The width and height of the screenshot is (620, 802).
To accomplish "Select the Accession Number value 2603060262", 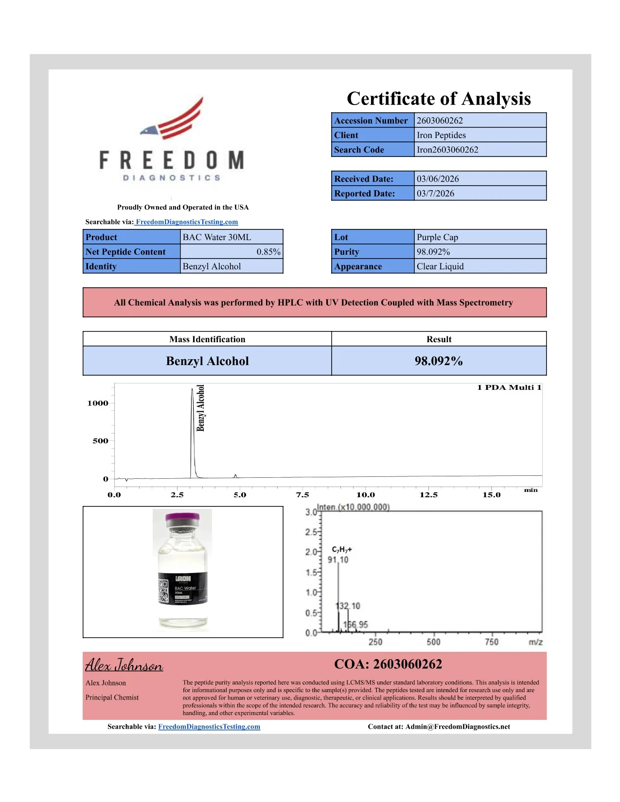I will pyautogui.click(x=440, y=121).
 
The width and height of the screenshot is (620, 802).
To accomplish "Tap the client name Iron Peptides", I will pyautogui.click(x=441, y=135).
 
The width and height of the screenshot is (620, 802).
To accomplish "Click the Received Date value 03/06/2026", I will pyautogui.click(x=438, y=179).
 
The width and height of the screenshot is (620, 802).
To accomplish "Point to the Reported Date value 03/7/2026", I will pyautogui.click(x=435, y=193).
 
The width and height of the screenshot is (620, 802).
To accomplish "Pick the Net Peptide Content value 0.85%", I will pyautogui.click(x=268, y=252).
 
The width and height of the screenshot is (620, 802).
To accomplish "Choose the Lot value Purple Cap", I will pyautogui.click(x=437, y=237).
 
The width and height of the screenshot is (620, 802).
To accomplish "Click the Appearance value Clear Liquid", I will pyautogui.click(x=440, y=266).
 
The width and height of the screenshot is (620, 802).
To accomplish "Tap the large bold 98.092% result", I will pyautogui.click(x=439, y=361).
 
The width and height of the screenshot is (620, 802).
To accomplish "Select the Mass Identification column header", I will pyautogui.click(x=207, y=339).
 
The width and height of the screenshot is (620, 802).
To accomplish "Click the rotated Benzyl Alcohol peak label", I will pyautogui.click(x=200, y=408).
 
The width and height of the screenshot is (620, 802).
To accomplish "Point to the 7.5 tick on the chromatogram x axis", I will pyautogui.click(x=302, y=495).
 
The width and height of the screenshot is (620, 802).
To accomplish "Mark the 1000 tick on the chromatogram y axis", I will pyautogui.click(x=98, y=403).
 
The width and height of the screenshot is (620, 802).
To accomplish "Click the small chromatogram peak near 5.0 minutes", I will pyautogui.click(x=235, y=476).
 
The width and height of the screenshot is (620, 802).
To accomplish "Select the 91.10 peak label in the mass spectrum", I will pyautogui.click(x=338, y=560).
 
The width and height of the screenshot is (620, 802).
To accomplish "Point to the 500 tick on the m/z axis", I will pyautogui.click(x=433, y=642).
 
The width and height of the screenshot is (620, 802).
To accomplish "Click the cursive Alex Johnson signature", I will pyautogui.click(x=124, y=665).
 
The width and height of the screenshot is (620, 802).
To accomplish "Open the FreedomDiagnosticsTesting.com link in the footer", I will pyautogui.click(x=209, y=727).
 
